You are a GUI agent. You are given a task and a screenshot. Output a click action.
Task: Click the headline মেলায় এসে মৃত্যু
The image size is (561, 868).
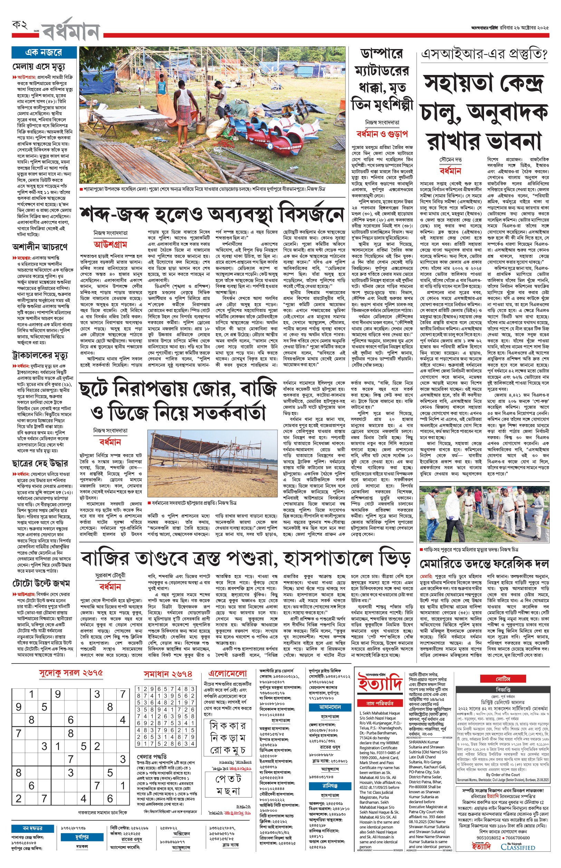tap(39, 67)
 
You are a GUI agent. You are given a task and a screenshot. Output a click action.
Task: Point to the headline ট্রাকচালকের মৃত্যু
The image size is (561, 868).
tap(39, 355)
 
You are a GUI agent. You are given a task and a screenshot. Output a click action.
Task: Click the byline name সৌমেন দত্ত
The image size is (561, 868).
tap(450, 160)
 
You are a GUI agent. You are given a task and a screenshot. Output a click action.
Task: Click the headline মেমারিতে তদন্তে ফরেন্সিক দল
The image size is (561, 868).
tap(484, 564)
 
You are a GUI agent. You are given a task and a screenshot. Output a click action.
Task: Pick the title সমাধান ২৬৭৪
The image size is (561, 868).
tap(167, 674)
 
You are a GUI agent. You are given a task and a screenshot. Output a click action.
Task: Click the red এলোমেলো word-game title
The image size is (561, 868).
tap(228, 674)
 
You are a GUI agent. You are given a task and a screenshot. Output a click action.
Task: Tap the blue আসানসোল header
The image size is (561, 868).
tap(330, 707)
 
